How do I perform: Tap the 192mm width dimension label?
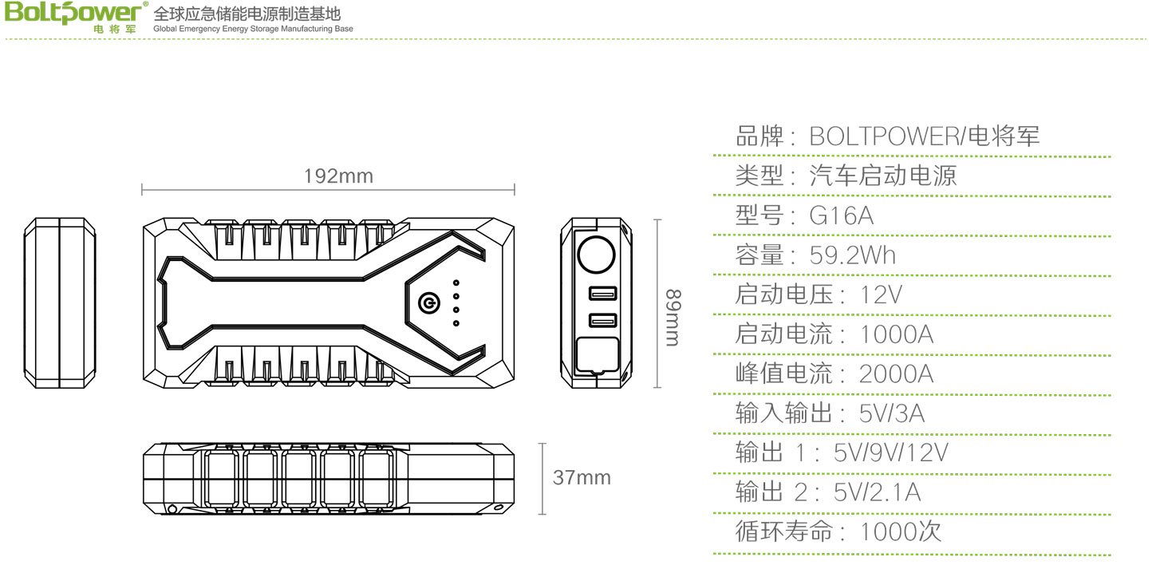(x=338, y=176)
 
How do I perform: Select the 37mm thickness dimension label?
(x=582, y=478)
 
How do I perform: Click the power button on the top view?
(x=428, y=303)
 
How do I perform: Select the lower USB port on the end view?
(x=602, y=321)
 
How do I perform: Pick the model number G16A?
(x=842, y=215)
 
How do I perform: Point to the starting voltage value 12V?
(x=881, y=294)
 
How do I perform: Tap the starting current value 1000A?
(x=897, y=334)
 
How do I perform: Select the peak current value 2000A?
(x=896, y=373)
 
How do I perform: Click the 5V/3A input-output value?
(x=892, y=413)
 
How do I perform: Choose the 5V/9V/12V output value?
(x=890, y=452)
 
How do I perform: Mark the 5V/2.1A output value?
(x=877, y=492)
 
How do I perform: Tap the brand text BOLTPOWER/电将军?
(x=925, y=136)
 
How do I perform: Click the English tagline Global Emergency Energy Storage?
(x=252, y=29)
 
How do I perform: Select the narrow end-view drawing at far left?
(x=60, y=302)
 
